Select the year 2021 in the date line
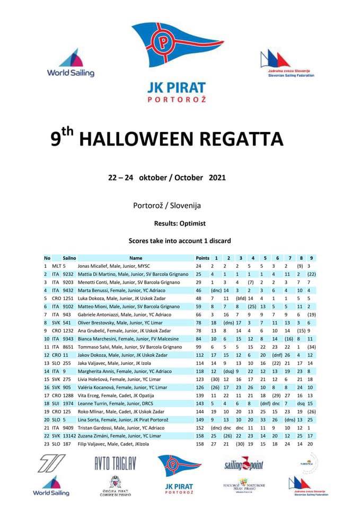pyautogui.click(x=217, y=177)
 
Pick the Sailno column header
pyautogui.click(x=69, y=257)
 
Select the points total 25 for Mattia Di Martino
pyautogui.click(x=198, y=274)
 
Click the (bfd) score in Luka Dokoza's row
pyautogui.click(x=240, y=299)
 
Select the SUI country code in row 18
pyautogui.click(x=56, y=403)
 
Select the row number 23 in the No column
pyautogui.click(x=47, y=443)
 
